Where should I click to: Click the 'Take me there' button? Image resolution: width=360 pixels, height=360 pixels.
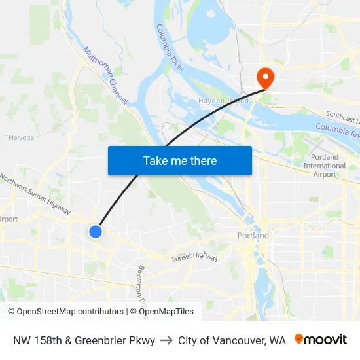tap(180, 160)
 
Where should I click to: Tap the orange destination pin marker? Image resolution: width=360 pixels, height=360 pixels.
tap(266, 78)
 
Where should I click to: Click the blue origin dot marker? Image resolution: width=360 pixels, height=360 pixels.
tap(96, 231)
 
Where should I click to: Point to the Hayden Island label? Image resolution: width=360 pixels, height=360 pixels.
tap(223, 101)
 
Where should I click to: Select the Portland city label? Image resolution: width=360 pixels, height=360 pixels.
tap(253, 236)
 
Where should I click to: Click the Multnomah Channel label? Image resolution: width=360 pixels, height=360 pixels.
tap(105, 75)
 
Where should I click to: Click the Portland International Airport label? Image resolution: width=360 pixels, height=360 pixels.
tap(325, 166)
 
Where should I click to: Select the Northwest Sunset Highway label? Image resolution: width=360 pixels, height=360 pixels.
tap(35, 194)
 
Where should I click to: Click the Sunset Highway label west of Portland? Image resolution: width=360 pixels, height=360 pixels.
tap(194, 258)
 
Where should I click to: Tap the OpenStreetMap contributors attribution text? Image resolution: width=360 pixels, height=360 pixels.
tap(65, 312)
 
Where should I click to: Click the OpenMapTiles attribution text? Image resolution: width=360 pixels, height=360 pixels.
tap(164, 312)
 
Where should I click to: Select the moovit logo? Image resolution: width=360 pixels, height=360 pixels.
tap(320, 340)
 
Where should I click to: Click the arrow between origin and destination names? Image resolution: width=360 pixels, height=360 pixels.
tap(166, 340)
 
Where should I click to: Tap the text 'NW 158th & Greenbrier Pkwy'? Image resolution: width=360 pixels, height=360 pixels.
tap(84, 340)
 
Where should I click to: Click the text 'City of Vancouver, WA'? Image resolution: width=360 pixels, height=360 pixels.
tap(232, 340)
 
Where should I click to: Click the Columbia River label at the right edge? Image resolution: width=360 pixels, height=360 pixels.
tap(338, 130)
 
